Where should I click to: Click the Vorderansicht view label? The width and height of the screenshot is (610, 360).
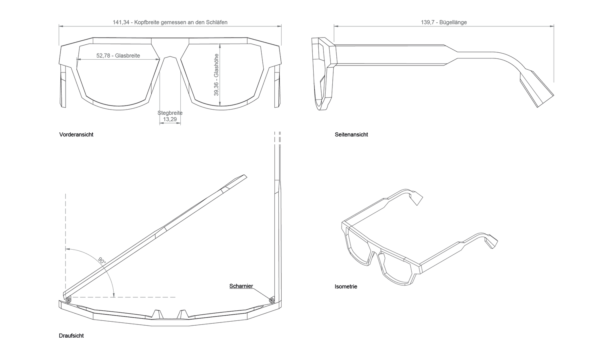(76, 134)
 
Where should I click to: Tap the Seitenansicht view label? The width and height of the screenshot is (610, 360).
(351, 134)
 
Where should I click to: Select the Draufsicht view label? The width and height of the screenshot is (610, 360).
(71, 336)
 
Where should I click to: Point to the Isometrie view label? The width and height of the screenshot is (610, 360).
(346, 286)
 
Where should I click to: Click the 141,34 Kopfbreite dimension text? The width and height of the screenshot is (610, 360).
(170, 22)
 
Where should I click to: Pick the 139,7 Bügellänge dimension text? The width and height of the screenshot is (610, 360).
(444, 22)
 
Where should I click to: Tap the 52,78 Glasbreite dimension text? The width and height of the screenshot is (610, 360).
(118, 56)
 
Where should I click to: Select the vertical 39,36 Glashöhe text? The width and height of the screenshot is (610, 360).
(216, 75)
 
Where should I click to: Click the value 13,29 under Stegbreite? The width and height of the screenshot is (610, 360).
(170, 119)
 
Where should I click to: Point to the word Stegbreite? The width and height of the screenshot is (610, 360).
(170, 113)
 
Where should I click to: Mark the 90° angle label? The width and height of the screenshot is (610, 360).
(102, 260)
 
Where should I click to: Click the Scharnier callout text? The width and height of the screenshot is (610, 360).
(241, 286)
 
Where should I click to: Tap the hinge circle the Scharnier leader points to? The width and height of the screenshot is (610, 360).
(272, 300)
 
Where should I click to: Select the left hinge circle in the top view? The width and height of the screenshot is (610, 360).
(68, 300)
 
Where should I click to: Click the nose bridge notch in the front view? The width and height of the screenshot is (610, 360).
(170, 57)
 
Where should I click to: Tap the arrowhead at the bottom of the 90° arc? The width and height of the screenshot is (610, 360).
(114, 295)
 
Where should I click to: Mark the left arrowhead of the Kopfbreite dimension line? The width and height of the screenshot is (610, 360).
(61, 26)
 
